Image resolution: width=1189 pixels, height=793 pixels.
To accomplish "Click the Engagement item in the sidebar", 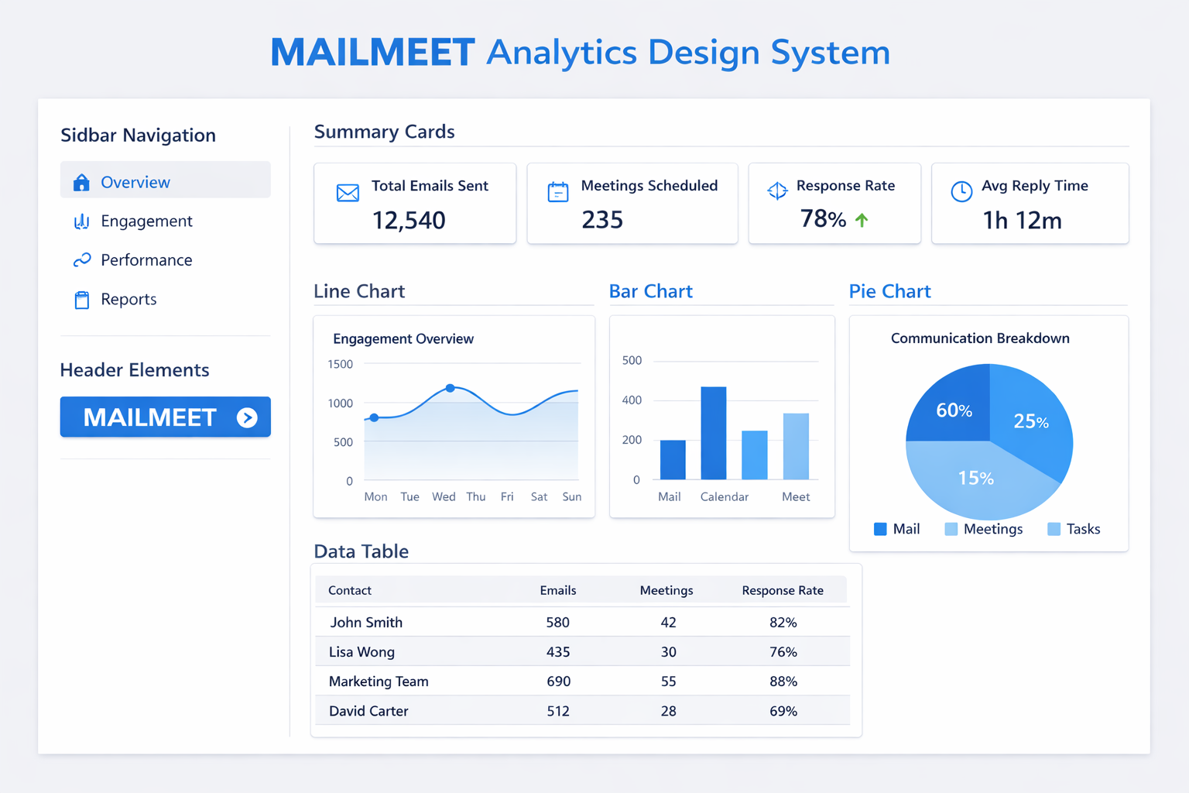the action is point(132,221).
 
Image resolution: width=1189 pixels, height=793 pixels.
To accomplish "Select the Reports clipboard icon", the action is point(82,300).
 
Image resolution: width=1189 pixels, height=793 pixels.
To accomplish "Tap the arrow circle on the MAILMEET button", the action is point(247,417).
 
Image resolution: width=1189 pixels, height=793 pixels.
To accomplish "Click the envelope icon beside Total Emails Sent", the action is point(348,192).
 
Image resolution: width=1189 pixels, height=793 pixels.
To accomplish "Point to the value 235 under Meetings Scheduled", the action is point(602,219).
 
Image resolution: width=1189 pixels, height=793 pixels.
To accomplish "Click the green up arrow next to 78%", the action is point(862,219).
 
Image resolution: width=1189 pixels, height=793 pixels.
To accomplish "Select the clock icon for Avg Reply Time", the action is point(961,191).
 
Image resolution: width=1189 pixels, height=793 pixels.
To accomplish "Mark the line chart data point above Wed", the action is point(450,388).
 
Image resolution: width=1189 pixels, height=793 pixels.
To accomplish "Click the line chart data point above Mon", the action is point(374,417).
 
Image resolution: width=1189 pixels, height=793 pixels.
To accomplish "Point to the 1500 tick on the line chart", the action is point(341,365).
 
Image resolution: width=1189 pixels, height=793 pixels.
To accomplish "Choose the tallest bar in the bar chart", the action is point(714,433).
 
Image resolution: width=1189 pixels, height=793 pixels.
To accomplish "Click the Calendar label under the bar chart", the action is point(724,496).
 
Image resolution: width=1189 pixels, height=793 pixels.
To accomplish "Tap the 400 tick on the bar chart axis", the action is point(632,400).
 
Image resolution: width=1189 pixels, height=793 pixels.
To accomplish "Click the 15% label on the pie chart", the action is point(975,478).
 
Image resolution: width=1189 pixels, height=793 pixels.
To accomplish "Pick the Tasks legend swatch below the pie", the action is point(1054,529).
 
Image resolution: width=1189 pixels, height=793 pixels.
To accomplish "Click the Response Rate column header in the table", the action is point(783,590).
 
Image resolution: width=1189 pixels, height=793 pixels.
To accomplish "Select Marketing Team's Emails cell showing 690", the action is point(558,681).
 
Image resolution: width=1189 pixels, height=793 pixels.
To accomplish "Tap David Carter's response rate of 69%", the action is point(783,711).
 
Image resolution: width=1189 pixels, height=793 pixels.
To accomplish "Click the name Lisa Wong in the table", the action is point(361,652).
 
